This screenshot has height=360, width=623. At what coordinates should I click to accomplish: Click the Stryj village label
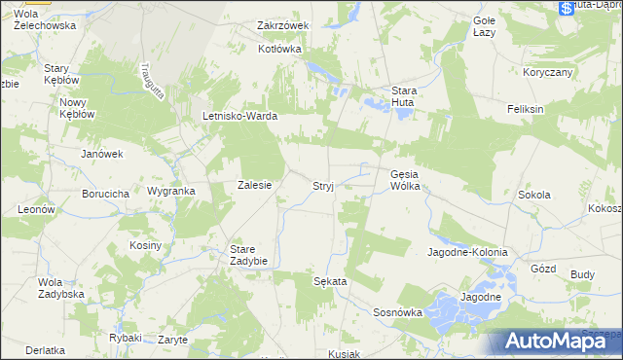point(324,185)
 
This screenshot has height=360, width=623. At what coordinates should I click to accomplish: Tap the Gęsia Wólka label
point(404,180)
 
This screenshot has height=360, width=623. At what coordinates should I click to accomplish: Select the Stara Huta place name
point(404,97)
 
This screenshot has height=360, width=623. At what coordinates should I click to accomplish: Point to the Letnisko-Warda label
point(239,116)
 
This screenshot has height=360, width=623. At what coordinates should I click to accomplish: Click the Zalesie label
point(254,185)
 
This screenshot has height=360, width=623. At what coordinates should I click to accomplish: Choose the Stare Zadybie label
point(248,255)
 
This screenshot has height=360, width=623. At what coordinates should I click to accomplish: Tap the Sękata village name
point(330,280)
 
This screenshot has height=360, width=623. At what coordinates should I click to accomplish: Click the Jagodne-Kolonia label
point(467,252)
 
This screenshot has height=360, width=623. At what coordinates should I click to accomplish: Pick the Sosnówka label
point(397,312)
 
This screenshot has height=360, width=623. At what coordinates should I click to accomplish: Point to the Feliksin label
point(525,109)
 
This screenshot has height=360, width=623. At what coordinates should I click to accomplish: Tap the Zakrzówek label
point(282,25)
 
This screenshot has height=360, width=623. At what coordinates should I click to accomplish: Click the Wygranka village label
point(170,192)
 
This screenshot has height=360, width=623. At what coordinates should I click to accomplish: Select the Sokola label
point(533,195)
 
